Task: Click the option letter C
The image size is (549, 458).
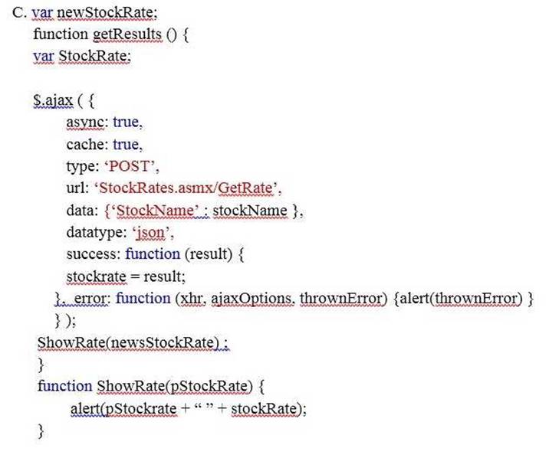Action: (19, 12)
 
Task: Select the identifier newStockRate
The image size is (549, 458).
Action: (107, 12)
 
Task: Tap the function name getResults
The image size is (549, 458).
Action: (127, 34)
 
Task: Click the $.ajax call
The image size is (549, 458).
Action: (53, 100)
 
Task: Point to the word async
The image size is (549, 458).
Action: (85, 123)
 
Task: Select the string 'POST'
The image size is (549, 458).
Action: (130, 166)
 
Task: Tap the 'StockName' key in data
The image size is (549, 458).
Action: (155, 211)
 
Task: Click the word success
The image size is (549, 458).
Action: (93, 254)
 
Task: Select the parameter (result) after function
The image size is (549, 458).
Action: (209, 254)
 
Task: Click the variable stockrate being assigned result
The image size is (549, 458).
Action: (96, 276)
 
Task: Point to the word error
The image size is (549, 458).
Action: (92, 299)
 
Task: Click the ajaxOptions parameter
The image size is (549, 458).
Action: (251, 299)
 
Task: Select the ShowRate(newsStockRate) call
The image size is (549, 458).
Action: (128, 342)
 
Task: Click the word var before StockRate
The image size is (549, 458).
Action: (44, 56)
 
